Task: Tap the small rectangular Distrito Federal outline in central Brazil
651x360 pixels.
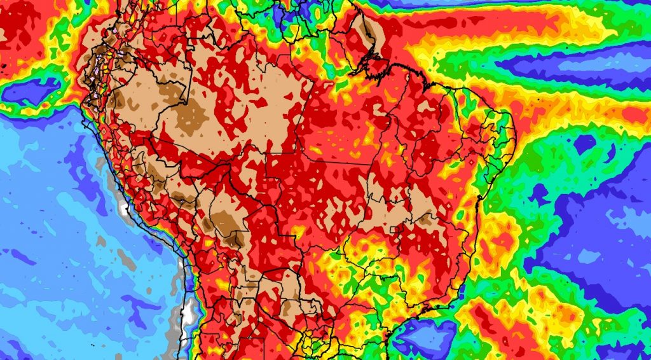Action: coord(398,230)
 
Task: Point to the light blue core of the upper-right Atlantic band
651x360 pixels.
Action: coord(572,64)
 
